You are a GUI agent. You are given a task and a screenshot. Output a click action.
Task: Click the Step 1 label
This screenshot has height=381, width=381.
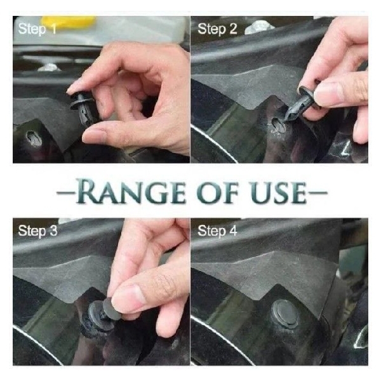(x=37, y=29)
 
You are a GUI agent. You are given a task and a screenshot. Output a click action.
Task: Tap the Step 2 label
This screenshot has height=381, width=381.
(x=217, y=29)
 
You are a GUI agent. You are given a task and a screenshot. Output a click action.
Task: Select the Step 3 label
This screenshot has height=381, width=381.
(x=37, y=231)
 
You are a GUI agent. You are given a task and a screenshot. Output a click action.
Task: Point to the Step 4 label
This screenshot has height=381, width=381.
(x=217, y=231)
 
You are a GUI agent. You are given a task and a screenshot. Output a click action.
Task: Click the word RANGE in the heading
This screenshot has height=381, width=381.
(x=130, y=191)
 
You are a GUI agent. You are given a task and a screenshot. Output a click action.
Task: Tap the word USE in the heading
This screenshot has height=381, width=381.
(x=279, y=192)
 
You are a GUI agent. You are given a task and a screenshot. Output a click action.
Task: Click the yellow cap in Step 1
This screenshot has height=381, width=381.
(x=69, y=22)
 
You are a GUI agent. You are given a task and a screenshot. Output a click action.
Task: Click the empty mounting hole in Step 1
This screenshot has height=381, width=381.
(x=33, y=138)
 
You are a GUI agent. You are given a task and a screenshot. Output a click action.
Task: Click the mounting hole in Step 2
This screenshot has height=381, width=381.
(x=277, y=126)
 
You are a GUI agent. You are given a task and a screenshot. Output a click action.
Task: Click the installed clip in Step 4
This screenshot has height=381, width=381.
(x=284, y=314)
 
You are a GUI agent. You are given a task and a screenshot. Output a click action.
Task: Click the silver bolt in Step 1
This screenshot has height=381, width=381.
(x=50, y=67)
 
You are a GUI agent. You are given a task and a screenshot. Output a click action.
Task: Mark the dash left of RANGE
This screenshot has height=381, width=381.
(x=65, y=193)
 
